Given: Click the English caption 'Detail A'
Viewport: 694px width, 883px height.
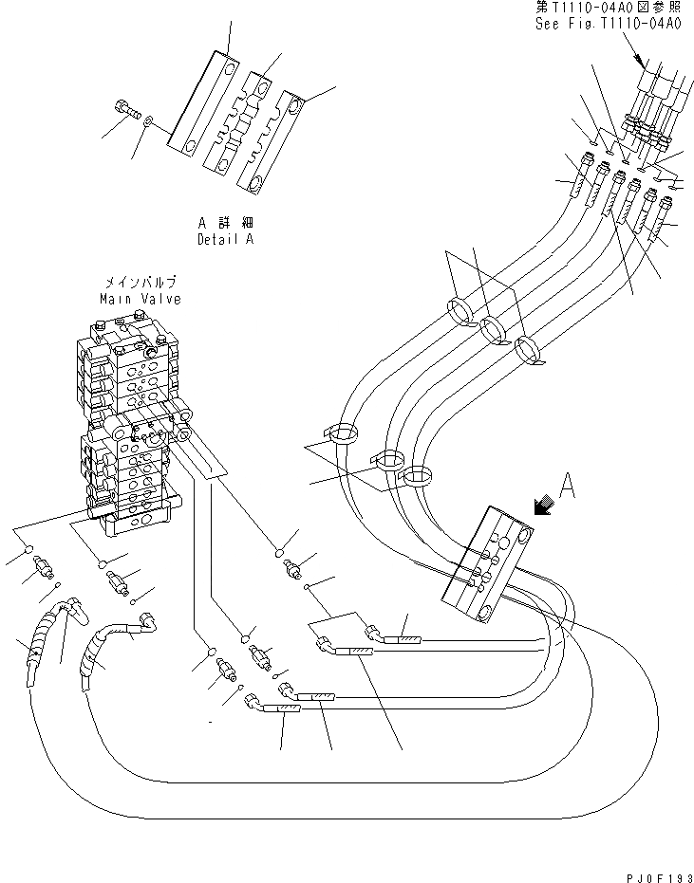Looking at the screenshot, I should pyautogui.click(x=225, y=239).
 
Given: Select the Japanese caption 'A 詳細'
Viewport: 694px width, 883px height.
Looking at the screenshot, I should pyautogui.click(x=224, y=222).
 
